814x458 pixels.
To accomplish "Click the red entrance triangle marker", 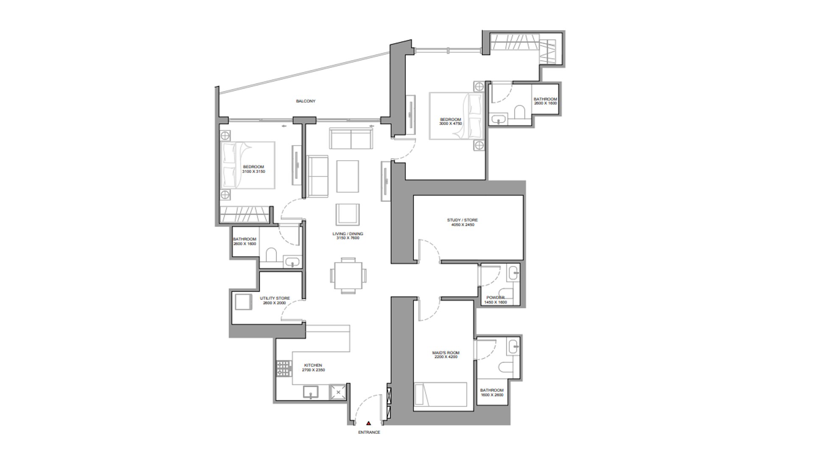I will pos(369,423).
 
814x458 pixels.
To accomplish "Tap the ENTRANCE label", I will pos(369,433).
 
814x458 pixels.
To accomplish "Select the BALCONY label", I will pos(306,101).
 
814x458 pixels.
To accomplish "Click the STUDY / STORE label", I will pos(462,220).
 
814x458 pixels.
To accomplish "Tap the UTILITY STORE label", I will pos(275,298).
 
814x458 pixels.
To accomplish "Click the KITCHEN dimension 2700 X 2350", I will pos(313,370).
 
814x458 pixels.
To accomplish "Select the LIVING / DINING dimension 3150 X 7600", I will pos(348,238).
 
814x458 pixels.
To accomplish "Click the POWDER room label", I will pos(495,298).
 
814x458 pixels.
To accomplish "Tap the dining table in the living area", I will pos(348,276).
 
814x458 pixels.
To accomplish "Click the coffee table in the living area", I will pos(348,176).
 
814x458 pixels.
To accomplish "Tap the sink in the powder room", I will pos(514,273).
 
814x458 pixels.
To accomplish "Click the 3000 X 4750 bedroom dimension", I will pos(450,124).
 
